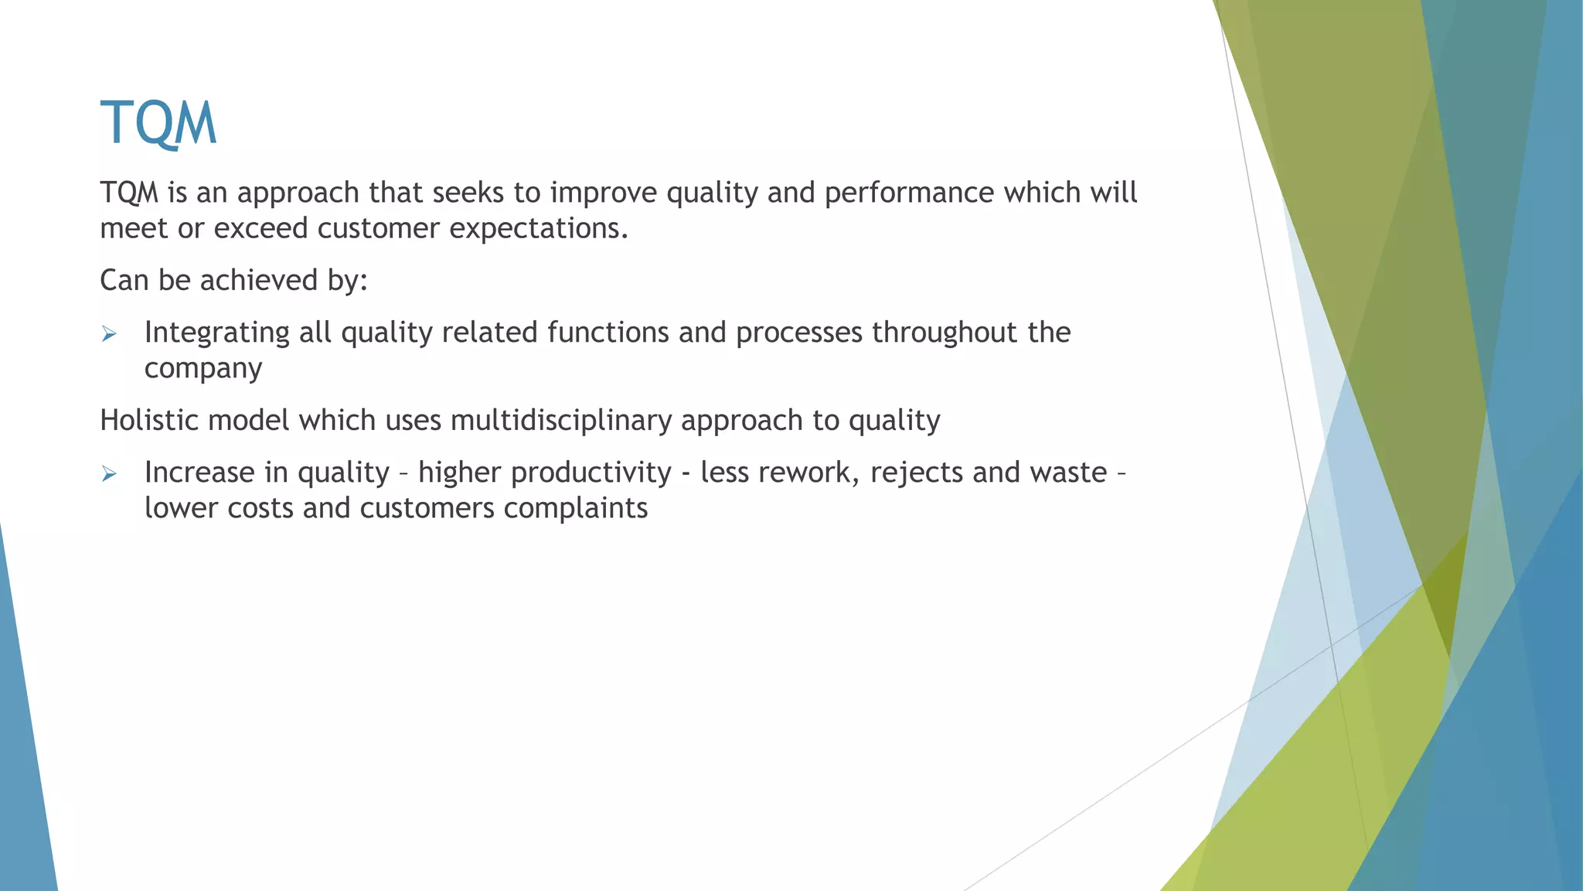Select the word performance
tap(909, 193)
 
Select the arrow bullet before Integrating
tap(109, 334)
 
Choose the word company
tap(203, 369)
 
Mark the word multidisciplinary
tap(561, 420)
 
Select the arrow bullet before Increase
tap(109, 474)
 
